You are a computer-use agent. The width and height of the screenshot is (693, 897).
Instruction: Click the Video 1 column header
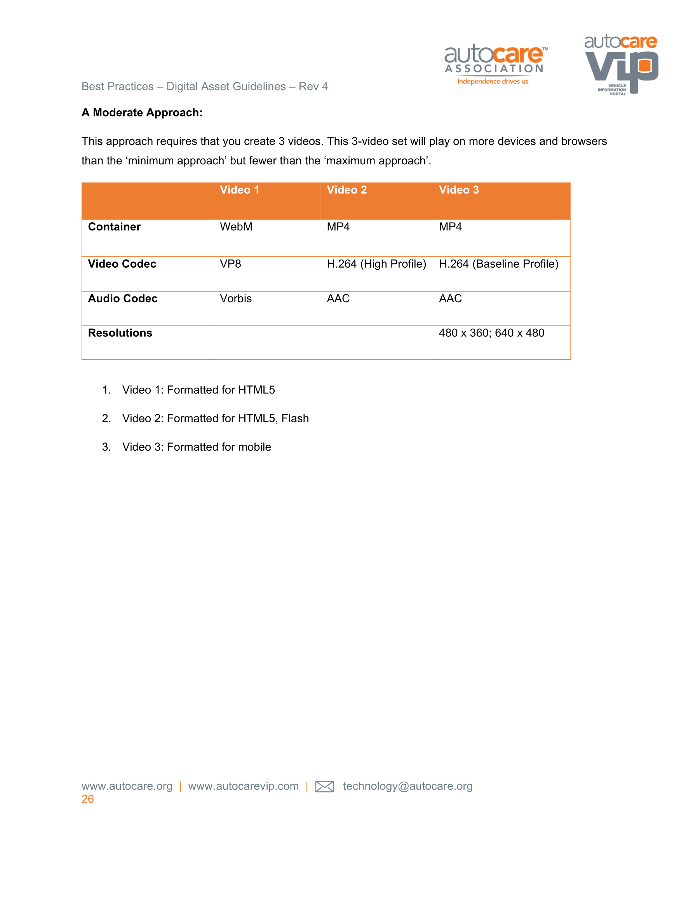coord(240,190)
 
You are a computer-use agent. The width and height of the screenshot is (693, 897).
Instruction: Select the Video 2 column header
coord(347,190)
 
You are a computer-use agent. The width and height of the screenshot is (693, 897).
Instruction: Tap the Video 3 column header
coord(459,190)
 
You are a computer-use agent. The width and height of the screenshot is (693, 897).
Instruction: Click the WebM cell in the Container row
coord(236,227)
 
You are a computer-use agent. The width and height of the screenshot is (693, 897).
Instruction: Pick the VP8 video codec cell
coord(230,264)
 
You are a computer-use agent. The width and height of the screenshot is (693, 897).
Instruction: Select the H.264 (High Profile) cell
coord(376,264)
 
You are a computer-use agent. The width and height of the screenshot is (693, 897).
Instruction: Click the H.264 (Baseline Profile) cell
coord(499,264)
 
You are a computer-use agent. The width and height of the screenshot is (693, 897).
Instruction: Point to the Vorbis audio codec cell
coord(236,299)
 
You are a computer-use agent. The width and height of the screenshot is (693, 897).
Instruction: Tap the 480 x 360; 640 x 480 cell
coord(491,333)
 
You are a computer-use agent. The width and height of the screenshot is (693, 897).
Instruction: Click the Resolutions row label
coord(120,333)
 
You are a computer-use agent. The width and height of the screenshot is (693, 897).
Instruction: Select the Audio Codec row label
coord(122,299)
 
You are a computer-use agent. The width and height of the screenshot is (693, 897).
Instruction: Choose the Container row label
coord(114,227)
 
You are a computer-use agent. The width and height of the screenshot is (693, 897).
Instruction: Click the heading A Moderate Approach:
coord(142,113)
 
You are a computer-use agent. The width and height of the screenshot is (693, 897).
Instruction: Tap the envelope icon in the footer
coord(324,786)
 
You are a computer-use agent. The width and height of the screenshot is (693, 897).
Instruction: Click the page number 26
coord(87,799)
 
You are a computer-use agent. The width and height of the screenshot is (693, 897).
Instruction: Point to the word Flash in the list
coord(295,418)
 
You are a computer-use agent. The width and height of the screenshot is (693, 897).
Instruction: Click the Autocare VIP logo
coord(621,64)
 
